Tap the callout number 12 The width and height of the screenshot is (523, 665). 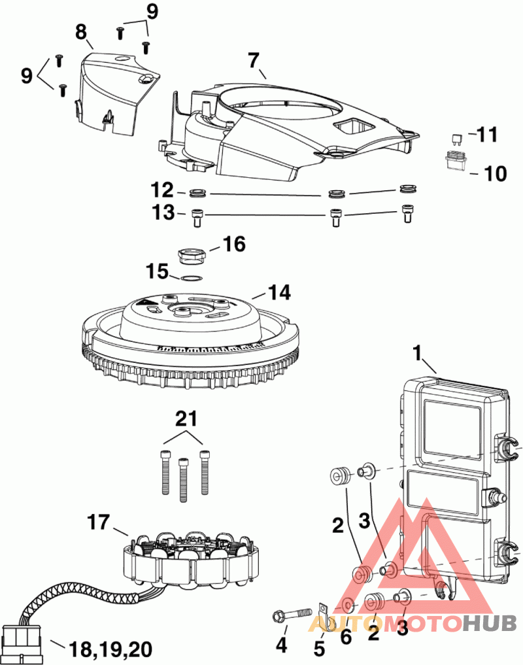coord(163,191)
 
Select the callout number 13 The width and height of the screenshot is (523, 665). coord(163,213)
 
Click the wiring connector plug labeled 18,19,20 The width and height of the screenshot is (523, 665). coord(22,636)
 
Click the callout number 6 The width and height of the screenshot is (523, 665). coord(345,637)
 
